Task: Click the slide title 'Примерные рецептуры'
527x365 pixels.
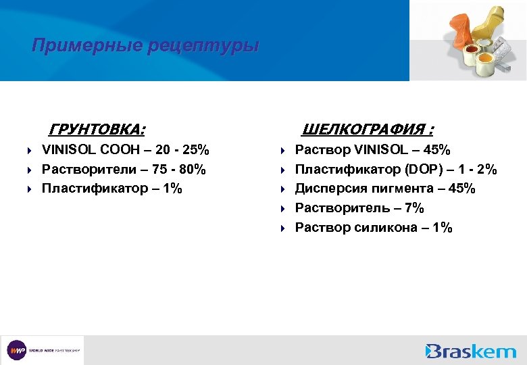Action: (145, 46)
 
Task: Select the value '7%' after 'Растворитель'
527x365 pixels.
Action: (409, 208)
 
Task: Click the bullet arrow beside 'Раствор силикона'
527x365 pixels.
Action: (285, 228)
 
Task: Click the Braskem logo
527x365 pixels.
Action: (470, 350)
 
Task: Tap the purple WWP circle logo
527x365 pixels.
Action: (16, 350)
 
